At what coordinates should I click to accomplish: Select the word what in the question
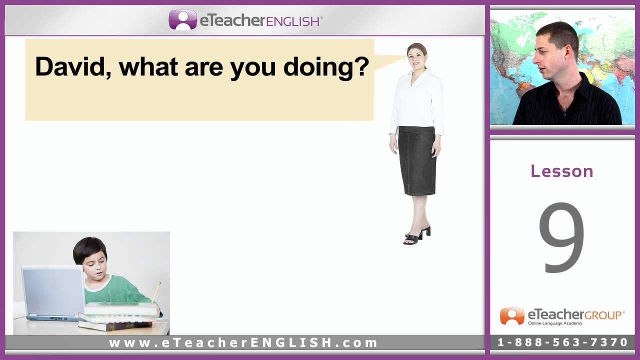pos(149,66)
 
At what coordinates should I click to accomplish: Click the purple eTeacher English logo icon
pos(183,19)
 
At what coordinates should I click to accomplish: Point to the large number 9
pos(561,237)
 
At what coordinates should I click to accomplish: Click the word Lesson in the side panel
pos(562,171)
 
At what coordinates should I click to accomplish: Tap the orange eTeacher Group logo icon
pos(512,316)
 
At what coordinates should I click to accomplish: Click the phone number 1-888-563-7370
pos(562,342)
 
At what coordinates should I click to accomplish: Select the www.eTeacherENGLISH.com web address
pos(243,343)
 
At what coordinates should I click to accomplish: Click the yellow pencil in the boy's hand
pos(156,292)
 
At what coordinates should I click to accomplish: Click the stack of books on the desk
pos(118,316)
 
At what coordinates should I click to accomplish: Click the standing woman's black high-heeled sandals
pos(417,235)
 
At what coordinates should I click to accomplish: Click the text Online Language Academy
pos(555,323)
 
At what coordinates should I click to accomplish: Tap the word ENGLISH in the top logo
pos(292,21)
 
